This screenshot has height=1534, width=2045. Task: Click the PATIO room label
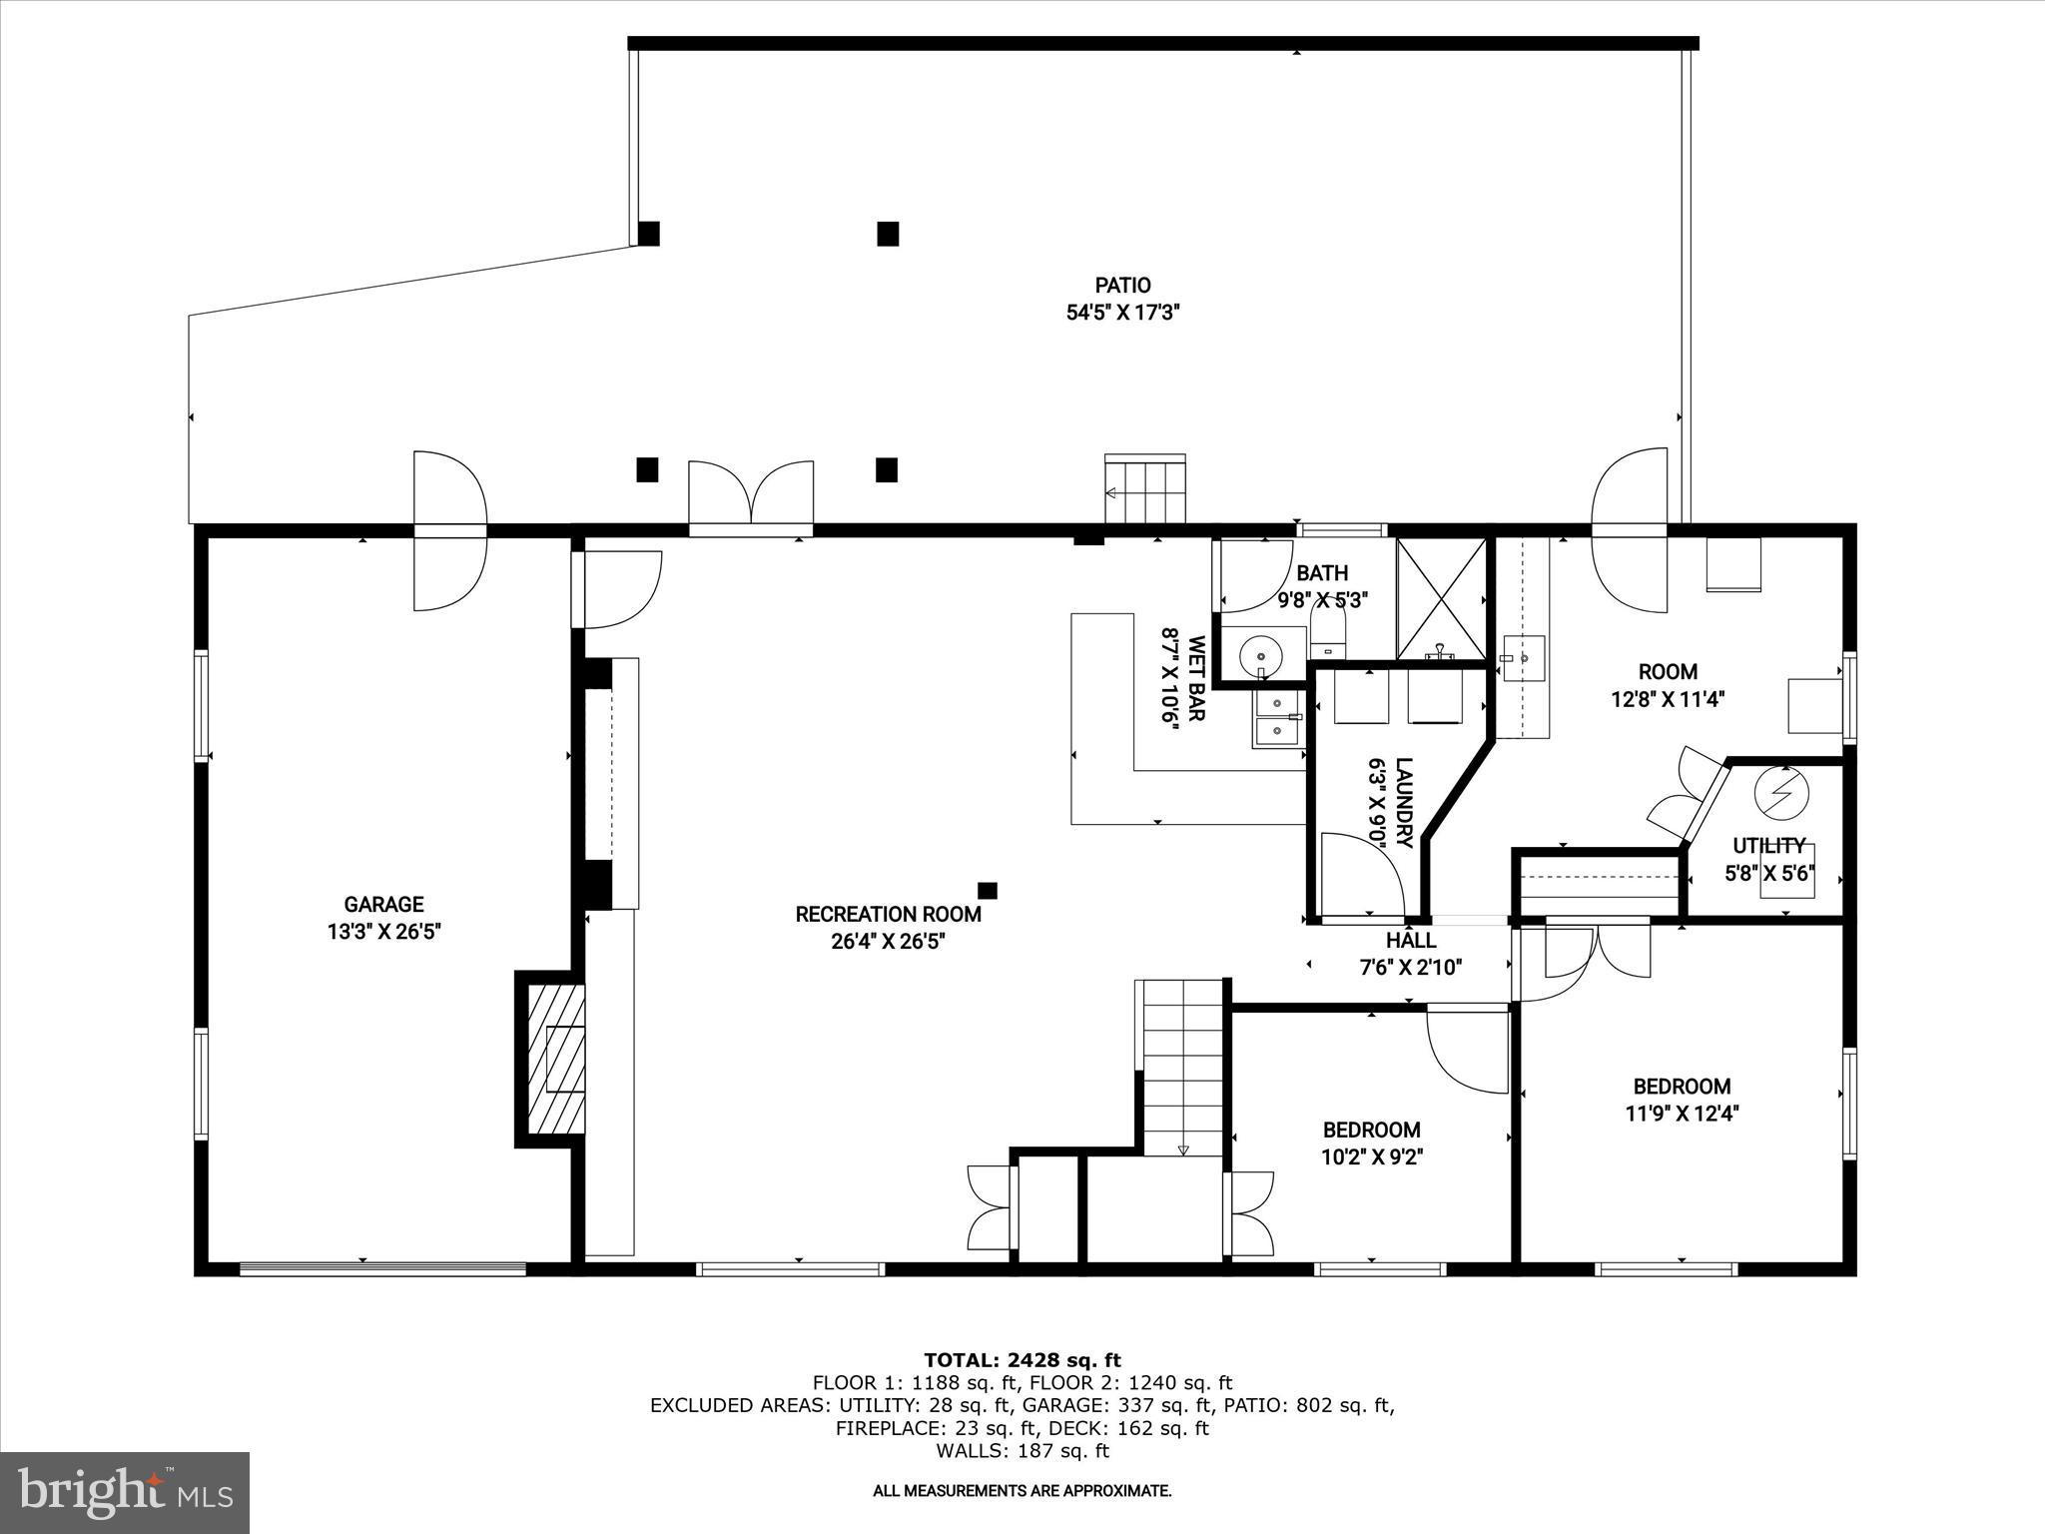coord(1122,286)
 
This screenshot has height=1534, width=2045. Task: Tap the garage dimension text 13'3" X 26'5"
coord(383,932)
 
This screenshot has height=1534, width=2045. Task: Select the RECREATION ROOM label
coord(888,914)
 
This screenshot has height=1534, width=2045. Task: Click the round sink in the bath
coord(1261,656)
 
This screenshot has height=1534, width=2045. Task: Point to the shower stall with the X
coord(1440,599)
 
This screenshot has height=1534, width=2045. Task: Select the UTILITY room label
coord(1768,846)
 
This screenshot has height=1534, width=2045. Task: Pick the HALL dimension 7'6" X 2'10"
coord(1411,967)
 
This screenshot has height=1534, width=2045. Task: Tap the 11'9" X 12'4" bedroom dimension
coord(1682,1113)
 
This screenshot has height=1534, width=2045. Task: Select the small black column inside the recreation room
coord(988,890)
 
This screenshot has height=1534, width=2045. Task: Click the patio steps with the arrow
coord(1145,489)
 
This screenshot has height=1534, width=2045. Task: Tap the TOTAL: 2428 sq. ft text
coord(1022,1360)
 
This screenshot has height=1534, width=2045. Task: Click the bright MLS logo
coord(125,1493)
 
